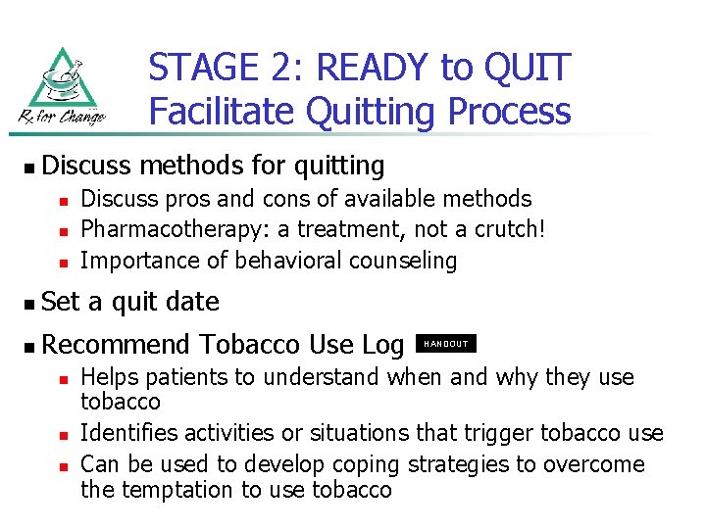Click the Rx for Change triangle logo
[63, 86]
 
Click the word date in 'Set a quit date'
[192, 302]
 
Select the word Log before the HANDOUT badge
[383, 345]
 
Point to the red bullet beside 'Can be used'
[62, 465]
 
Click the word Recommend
[117, 345]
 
